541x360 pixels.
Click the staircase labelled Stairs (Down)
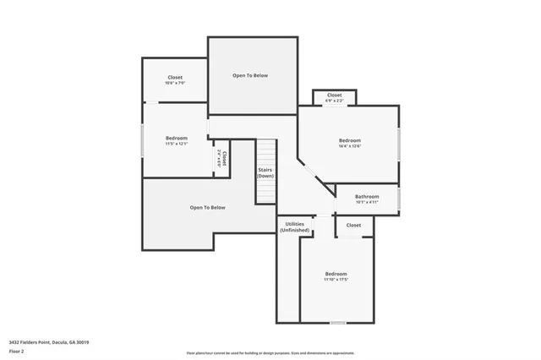click(x=266, y=172)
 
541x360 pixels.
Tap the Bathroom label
click(x=367, y=197)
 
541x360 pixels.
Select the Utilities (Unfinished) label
click(x=296, y=226)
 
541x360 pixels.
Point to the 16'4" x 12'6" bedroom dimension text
click(x=350, y=146)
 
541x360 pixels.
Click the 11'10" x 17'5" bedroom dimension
click(x=336, y=280)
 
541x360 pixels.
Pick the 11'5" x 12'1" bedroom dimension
click(x=177, y=144)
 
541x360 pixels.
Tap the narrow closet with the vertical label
click(x=221, y=158)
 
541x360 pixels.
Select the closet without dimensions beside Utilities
click(x=353, y=226)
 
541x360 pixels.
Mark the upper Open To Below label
click(x=250, y=75)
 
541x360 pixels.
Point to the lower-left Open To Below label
click(x=207, y=208)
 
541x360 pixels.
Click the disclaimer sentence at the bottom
click(x=270, y=353)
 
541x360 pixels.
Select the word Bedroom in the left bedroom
click(x=177, y=138)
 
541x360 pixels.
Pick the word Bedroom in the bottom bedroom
click(x=336, y=274)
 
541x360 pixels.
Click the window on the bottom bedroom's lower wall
click(x=337, y=323)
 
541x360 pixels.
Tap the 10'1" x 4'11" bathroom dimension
click(x=367, y=203)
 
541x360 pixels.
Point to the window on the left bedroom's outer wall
click(x=142, y=139)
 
